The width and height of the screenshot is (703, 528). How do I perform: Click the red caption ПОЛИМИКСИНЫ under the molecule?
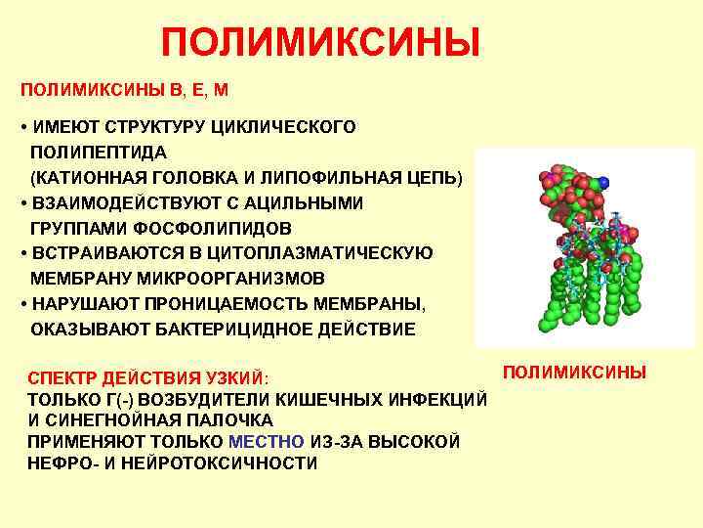[x=574, y=373]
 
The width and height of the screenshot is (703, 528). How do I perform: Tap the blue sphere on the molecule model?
[x=605, y=182]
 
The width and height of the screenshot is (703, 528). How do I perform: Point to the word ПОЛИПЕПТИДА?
[x=99, y=154]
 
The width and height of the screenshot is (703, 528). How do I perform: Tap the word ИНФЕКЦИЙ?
[x=435, y=400]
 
